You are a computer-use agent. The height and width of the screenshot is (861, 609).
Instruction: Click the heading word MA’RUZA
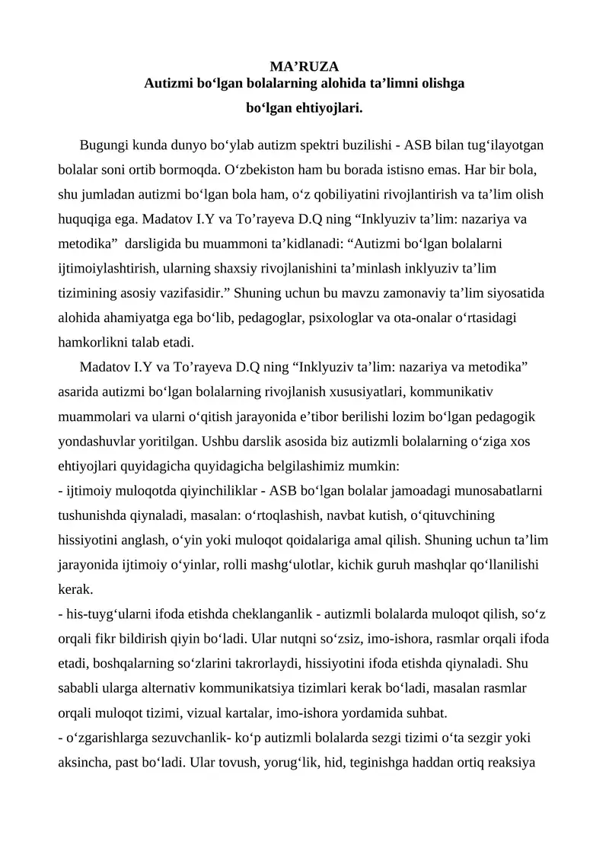304,66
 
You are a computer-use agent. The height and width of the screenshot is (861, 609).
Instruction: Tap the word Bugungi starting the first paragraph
104,145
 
